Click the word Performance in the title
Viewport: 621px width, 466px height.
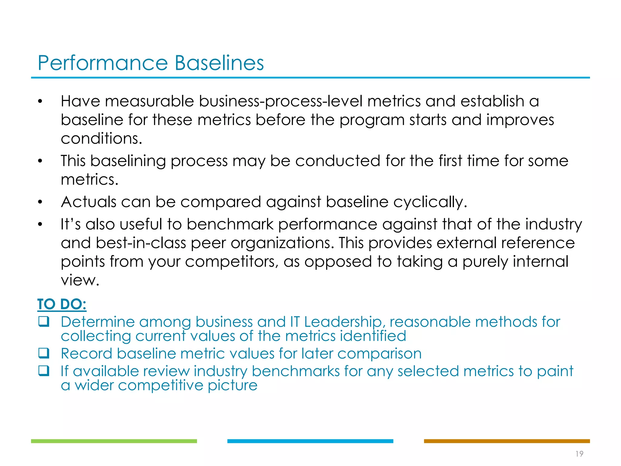point(102,63)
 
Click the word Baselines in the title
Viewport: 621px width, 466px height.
point(219,63)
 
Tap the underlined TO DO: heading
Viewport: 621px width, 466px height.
point(62,304)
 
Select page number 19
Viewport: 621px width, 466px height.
point(579,454)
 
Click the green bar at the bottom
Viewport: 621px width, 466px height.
point(114,441)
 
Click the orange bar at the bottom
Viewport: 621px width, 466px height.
point(507,441)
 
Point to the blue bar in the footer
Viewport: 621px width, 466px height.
point(310,441)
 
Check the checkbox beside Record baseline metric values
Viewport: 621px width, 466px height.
point(44,353)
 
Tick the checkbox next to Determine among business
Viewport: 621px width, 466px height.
point(44,322)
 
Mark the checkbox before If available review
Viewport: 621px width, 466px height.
point(44,371)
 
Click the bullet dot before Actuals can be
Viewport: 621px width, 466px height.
point(40,202)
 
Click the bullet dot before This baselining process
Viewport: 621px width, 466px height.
point(40,161)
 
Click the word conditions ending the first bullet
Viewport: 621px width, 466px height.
point(101,139)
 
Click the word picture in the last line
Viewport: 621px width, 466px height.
point(233,385)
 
